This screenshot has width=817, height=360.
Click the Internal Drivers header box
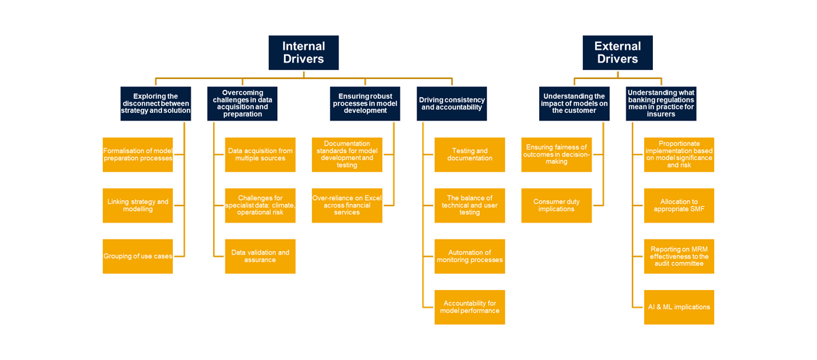(x=304, y=53)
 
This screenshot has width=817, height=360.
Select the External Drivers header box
(x=618, y=53)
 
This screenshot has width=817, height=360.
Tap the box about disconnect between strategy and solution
(x=155, y=103)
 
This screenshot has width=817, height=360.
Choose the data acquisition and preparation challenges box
(x=242, y=103)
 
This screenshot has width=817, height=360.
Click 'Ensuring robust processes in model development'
(x=365, y=103)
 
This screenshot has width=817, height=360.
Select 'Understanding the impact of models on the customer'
(x=574, y=103)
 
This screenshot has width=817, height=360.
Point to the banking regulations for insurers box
(x=661, y=103)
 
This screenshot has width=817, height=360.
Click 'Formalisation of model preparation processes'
(x=138, y=154)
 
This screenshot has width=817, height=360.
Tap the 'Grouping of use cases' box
(x=138, y=256)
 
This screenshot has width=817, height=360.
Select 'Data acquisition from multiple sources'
(x=260, y=154)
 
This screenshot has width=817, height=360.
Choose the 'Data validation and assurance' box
(x=260, y=256)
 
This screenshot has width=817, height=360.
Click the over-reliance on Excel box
(x=347, y=205)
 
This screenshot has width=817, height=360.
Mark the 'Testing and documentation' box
(x=470, y=154)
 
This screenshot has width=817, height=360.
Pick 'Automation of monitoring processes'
(x=470, y=256)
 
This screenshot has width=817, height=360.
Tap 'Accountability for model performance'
(x=470, y=307)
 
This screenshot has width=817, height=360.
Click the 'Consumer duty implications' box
(x=556, y=205)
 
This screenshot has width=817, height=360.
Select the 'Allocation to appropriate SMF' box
(x=679, y=205)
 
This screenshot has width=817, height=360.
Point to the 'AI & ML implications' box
(x=679, y=307)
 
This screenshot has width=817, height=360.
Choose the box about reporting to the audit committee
(x=679, y=256)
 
